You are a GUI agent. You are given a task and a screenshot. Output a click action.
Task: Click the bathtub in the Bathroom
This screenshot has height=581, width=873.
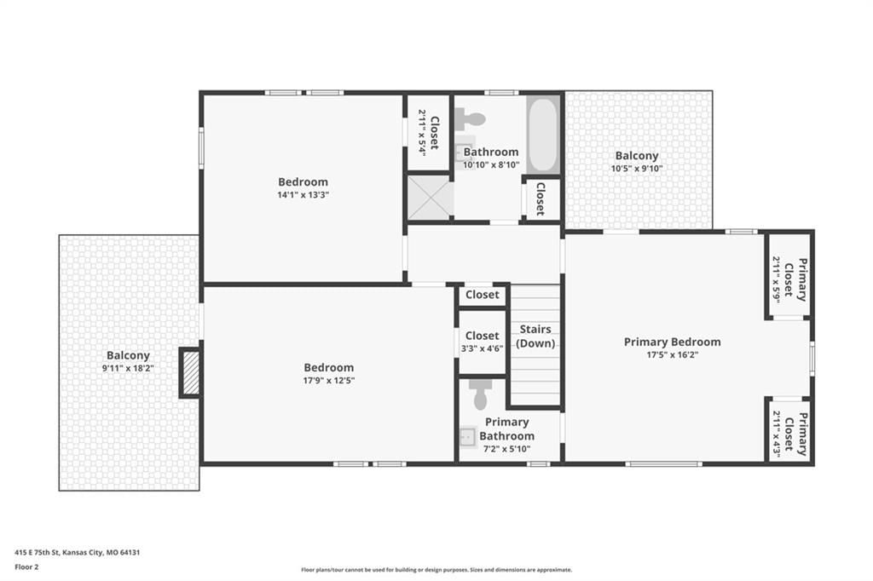click(x=542, y=135)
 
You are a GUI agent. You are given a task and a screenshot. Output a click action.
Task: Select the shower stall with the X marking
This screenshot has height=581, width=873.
click(x=430, y=198)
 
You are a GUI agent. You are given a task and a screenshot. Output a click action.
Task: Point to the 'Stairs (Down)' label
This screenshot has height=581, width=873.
click(x=535, y=337)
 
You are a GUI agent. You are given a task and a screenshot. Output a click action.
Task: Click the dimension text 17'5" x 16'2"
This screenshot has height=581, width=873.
click(x=672, y=355)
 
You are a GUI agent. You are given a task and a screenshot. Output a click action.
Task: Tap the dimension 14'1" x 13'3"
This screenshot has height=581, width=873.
click(x=303, y=195)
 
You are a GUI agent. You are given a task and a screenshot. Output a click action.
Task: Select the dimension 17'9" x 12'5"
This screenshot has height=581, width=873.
click(x=329, y=381)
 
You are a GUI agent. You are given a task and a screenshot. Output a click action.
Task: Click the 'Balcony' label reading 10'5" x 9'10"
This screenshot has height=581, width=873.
click(x=637, y=156)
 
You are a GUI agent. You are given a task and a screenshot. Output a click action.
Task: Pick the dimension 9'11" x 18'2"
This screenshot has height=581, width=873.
click(x=128, y=368)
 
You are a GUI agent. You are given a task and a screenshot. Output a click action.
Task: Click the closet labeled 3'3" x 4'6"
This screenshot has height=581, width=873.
click(x=483, y=342)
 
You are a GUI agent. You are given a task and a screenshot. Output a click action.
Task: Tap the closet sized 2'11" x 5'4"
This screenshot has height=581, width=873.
click(x=429, y=132)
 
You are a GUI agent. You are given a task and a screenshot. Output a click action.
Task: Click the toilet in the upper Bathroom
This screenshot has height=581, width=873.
click(x=471, y=118)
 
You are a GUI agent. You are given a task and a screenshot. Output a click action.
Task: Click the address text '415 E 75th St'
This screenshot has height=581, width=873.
click(x=38, y=553)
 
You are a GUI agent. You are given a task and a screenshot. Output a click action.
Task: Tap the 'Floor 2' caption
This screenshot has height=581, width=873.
click(x=26, y=567)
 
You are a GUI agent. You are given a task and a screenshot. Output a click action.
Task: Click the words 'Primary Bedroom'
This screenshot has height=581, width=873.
click(x=672, y=342)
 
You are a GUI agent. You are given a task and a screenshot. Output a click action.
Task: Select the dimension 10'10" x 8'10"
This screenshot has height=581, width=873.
click(x=491, y=164)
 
